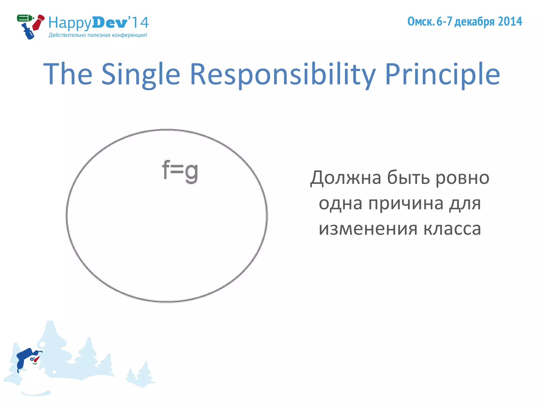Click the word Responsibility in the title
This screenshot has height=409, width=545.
coord(283,75)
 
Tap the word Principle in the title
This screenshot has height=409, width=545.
coord(442,75)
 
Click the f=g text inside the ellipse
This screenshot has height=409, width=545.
coord(180,171)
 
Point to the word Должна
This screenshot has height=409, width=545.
coord(345,178)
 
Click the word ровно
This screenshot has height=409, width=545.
coord(462,178)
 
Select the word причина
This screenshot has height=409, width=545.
coord(406,203)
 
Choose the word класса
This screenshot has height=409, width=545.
coord(452,229)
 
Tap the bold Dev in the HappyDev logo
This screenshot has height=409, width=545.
coord(110,23)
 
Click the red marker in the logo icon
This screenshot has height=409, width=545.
coord(38,22)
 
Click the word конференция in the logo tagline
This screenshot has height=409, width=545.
coord(129,35)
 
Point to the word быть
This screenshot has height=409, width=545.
coord(408,178)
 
